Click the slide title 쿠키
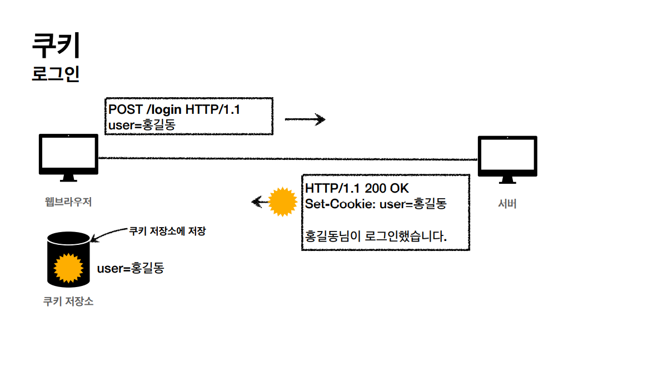pyautogui.click(x=56, y=45)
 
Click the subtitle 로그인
pyautogui.click(x=56, y=74)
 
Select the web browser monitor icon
pyautogui.click(x=68, y=157)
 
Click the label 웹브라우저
pyautogui.click(x=68, y=202)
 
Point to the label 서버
pyautogui.click(x=507, y=204)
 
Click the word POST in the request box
pyautogui.click(x=126, y=110)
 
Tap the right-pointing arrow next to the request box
pyautogui.click(x=305, y=119)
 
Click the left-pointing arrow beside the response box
pyautogui.click(x=258, y=202)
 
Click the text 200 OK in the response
pyautogui.click(x=386, y=189)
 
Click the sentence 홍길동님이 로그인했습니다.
pyautogui.click(x=376, y=237)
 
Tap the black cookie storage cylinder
pyautogui.click(x=68, y=259)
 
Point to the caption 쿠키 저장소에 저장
pyautogui.click(x=167, y=231)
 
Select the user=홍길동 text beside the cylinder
pyautogui.click(x=131, y=269)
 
